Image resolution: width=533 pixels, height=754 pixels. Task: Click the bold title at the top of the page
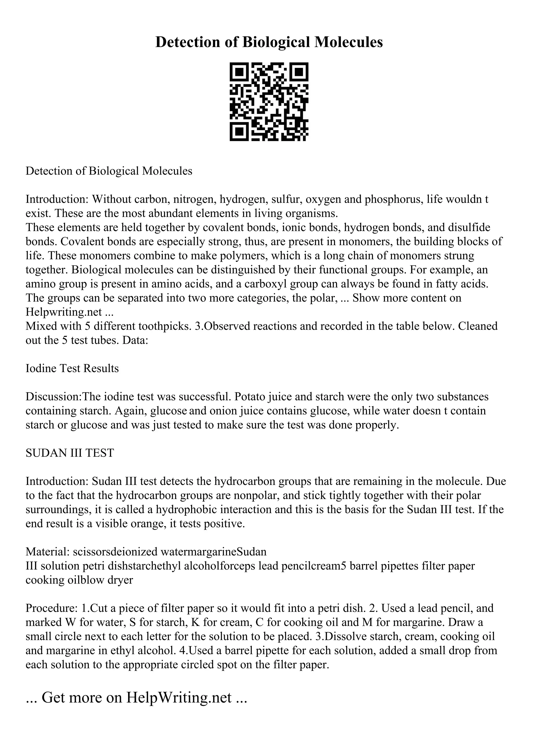tap(269, 42)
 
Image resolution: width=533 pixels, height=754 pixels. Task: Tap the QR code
tap(269, 102)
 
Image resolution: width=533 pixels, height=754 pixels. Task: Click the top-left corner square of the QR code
tap(239, 72)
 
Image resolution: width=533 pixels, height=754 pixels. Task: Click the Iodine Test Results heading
tap(72, 368)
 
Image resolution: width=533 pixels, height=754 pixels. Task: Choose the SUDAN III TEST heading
tap(70, 453)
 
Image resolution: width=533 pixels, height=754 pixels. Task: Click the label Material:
tap(47, 552)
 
